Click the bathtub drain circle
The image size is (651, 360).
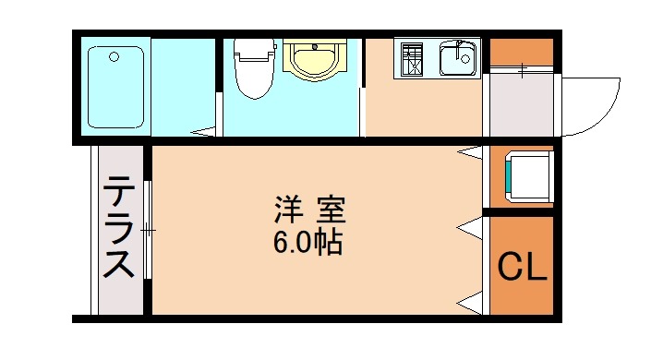click(x=114, y=57)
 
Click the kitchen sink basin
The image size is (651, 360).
click(x=456, y=59)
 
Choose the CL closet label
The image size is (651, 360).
click(x=523, y=267)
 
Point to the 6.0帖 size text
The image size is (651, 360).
click(x=309, y=244)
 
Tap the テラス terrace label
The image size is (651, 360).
click(x=119, y=227)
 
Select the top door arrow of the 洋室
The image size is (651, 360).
click(x=472, y=150)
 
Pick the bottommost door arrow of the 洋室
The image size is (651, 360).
click(x=471, y=300)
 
